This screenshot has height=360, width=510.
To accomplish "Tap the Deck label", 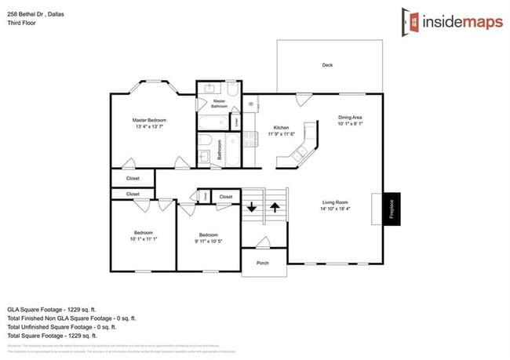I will (327, 65).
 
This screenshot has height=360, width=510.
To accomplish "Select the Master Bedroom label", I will (149, 120).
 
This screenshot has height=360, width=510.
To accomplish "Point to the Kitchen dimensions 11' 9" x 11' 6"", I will (282, 135).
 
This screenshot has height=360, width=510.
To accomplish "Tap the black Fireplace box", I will (391, 209).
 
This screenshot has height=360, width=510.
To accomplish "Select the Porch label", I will (264, 263).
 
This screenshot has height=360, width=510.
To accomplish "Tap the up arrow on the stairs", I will (275, 208).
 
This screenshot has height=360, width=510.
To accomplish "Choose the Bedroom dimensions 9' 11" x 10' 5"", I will (208, 242).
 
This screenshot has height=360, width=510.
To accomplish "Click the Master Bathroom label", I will (219, 103).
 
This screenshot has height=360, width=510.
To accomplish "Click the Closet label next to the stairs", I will (226, 197).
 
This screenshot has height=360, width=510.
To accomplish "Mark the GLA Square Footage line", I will (55, 310).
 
